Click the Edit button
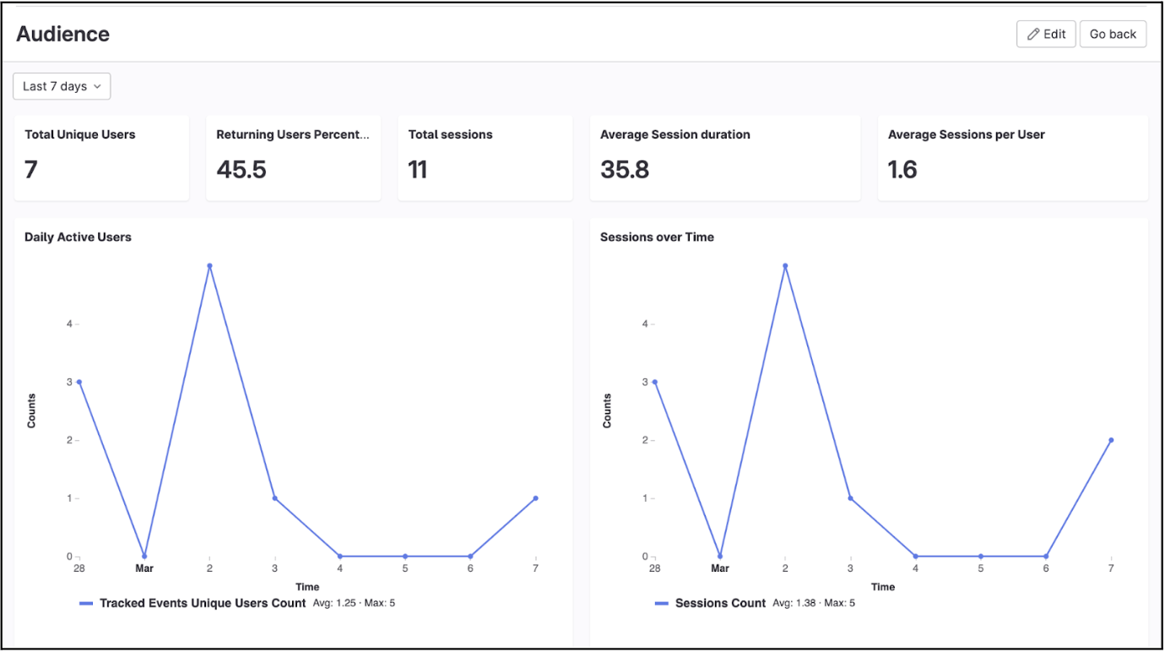[x=1046, y=34]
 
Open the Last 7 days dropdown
[x=62, y=86]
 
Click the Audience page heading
[x=63, y=34]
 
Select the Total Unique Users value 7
[x=31, y=170]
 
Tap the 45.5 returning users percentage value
[x=241, y=170]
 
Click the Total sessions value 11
[x=418, y=170]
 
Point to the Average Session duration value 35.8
[x=625, y=170]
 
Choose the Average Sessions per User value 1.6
[x=902, y=170]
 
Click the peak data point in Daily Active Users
[x=209, y=265]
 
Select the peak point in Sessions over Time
[x=785, y=265]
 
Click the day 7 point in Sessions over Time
[x=1111, y=440]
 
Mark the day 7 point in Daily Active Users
[x=536, y=498]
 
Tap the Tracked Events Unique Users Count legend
[x=202, y=603]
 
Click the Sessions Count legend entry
[x=720, y=603]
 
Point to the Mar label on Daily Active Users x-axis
[x=144, y=568]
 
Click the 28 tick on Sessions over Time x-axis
[x=654, y=568]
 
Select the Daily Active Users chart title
[x=78, y=237]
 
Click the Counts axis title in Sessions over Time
[x=607, y=410]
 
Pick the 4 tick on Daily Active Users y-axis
[x=69, y=323]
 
